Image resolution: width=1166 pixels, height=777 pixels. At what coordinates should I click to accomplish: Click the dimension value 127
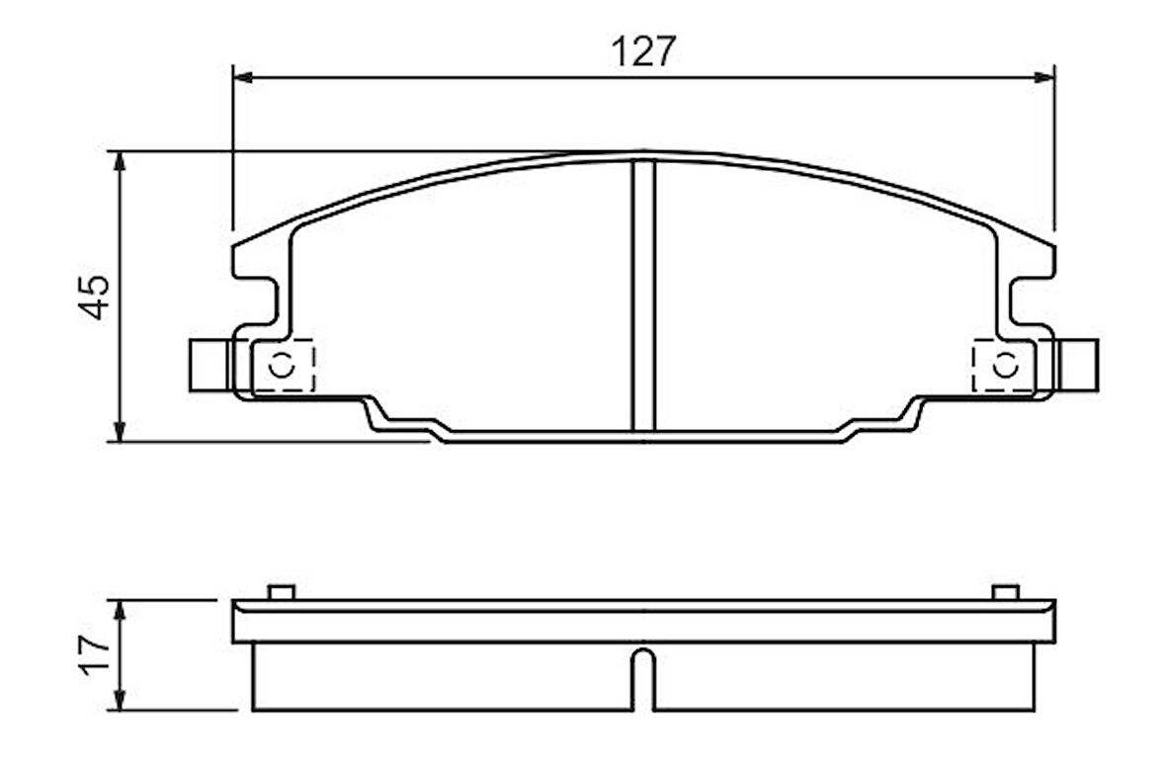point(643,51)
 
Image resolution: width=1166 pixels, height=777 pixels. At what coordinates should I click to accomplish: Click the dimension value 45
point(96,297)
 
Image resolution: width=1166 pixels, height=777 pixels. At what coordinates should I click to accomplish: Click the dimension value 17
point(96,654)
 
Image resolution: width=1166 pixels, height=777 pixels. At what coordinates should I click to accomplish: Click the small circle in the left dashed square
point(282,365)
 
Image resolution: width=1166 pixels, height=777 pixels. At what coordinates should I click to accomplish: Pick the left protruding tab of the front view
point(208,365)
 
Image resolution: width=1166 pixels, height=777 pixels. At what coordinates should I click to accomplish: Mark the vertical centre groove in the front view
point(643,297)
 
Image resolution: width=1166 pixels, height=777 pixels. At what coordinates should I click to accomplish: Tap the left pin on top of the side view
point(282,592)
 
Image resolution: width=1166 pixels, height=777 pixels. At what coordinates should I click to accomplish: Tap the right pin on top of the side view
point(1005,592)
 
